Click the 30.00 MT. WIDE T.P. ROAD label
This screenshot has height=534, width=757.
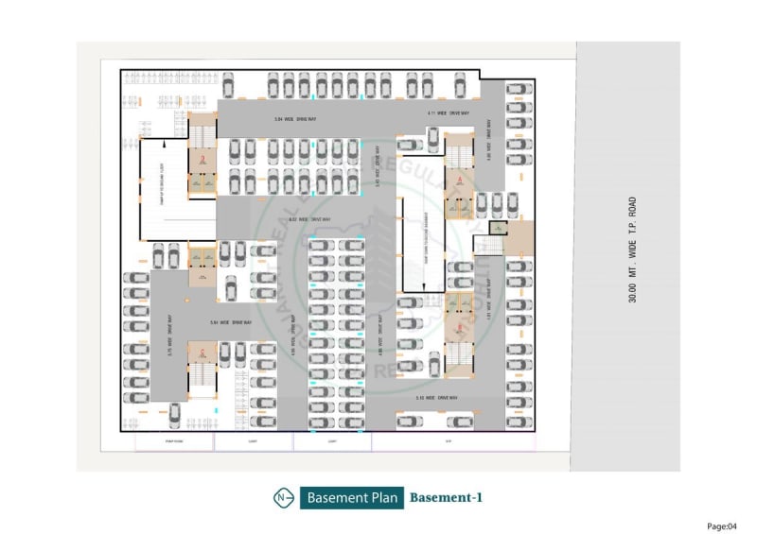point(631,250)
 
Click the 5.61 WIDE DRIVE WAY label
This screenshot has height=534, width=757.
point(230,322)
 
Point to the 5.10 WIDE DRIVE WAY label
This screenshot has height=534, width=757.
point(436,398)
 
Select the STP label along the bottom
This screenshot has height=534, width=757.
point(449,441)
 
